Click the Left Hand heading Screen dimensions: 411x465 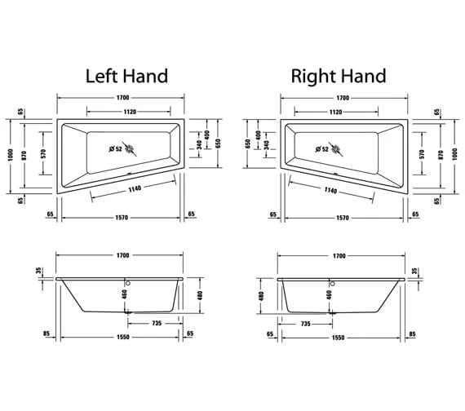point(126,77)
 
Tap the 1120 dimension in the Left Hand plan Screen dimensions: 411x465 point(123,111)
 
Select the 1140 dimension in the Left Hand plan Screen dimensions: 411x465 point(139,190)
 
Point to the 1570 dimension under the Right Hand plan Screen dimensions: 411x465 point(342,216)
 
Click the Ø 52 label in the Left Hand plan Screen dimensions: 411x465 point(115,148)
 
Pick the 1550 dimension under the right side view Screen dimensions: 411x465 point(343,337)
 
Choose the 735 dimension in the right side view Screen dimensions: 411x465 point(306,324)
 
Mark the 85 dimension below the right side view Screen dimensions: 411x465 point(414,333)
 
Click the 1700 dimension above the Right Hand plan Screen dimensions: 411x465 point(343,98)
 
